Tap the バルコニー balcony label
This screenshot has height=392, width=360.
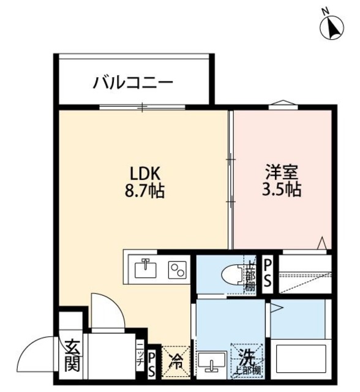[x=133, y=82]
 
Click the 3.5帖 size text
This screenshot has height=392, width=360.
[x=279, y=190]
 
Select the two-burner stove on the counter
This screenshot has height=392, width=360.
[x=178, y=269]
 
